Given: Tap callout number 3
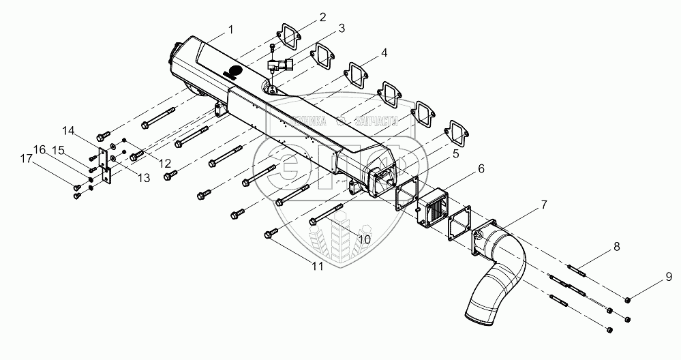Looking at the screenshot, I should coord(342,28).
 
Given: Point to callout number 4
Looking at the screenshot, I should coord(385,53).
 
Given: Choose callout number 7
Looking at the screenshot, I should coord(543,205).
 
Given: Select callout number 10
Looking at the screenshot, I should coord(364,239).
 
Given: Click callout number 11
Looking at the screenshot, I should coord(317,267).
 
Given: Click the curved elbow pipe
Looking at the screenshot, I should coord(501,273).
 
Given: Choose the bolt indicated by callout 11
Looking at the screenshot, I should coord(269,234).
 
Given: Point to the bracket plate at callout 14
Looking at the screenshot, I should coord(104,164).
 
